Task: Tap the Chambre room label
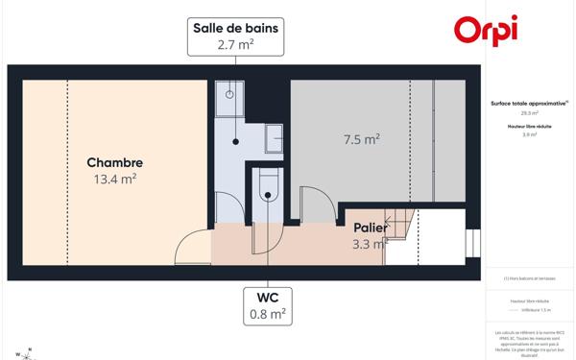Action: tap(114, 162)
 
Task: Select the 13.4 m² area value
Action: tap(114, 179)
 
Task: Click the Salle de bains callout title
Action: tap(235, 28)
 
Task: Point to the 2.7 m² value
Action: tap(235, 44)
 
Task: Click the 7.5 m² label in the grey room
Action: tap(362, 139)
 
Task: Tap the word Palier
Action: tap(370, 228)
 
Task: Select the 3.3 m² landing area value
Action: tap(369, 244)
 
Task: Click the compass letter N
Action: tap(30, 348)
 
